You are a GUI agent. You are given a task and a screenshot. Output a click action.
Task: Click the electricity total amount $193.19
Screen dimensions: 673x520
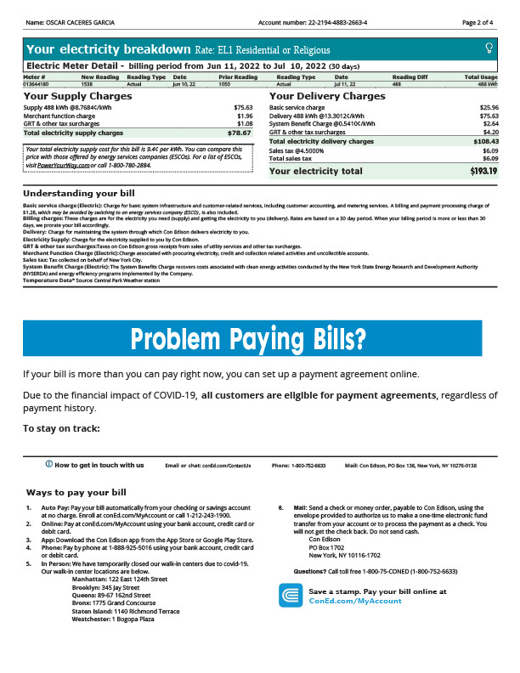(483, 172)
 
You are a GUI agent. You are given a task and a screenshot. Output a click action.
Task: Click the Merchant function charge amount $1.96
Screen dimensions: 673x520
(245, 116)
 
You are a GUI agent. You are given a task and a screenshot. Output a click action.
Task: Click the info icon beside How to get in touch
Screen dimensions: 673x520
(49, 465)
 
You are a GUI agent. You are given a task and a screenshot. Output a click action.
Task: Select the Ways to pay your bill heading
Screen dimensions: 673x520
(76, 492)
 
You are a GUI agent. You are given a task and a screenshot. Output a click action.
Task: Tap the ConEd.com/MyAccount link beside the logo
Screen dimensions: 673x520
(355, 600)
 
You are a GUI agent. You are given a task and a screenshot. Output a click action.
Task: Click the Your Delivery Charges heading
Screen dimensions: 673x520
(327, 96)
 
